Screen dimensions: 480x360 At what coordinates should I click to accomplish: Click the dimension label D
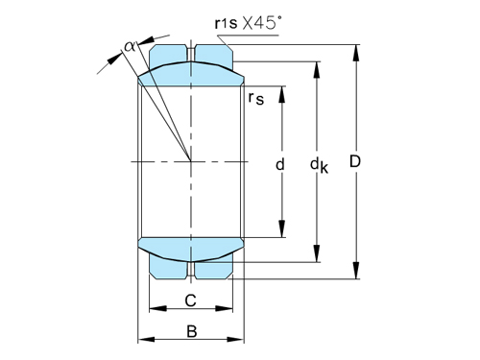(x=355, y=161)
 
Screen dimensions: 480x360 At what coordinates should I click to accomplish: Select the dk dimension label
(x=319, y=165)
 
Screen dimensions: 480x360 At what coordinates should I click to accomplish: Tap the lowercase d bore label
(x=280, y=164)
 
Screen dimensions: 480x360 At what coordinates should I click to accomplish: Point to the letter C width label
(x=190, y=300)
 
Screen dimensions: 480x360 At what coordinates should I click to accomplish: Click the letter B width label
(x=192, y=331)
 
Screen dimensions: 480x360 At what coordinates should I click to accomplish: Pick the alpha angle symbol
(x=130, y=47)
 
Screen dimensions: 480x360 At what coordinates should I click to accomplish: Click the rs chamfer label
(x=256, y=98)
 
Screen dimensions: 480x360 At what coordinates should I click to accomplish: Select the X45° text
(x=262, y=23)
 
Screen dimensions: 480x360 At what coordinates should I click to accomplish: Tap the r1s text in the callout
(x=226, y=23)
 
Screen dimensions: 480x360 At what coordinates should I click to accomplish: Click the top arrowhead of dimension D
(x=356, y=53)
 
